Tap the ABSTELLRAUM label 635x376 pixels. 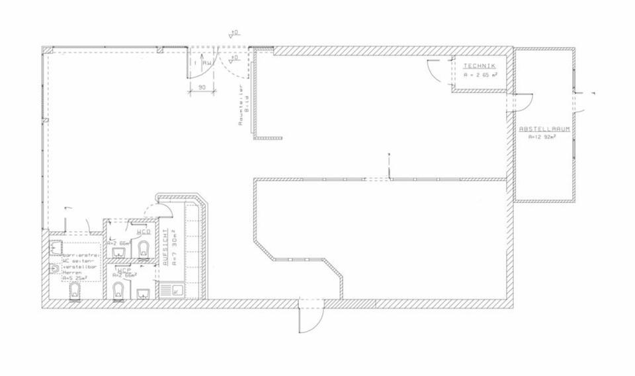click(x=545, y=130)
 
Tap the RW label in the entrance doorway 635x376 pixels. click(x=207, y=63)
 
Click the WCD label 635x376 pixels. click(x=143, y=233)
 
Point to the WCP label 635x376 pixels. click(x=124, y=270)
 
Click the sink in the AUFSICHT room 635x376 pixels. click(x=177, y=288)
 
